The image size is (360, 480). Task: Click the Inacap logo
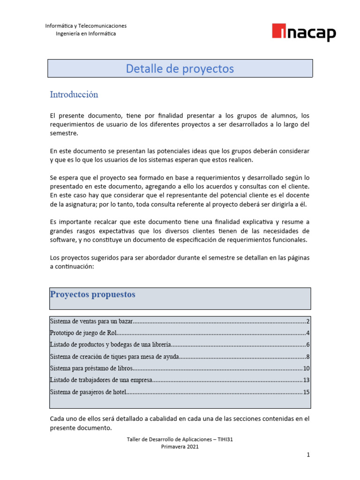tap(304, 32)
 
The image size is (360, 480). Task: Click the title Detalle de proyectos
tap(180, 68)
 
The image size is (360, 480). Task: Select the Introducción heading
tap(74, 95)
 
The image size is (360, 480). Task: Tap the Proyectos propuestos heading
tap(92, 294)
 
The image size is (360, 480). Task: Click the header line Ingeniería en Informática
tap(86, 34)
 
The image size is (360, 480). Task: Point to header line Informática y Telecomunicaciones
tap(86, 26)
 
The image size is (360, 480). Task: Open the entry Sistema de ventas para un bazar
tap(91, 322)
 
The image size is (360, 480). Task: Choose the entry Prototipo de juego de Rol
tap(83, 333)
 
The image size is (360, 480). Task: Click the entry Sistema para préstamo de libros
tap(91, 368)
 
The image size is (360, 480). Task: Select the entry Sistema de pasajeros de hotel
tap(88, 392)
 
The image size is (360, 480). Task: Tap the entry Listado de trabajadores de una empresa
tap(101, 380)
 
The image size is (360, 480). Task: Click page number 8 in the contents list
tap(307, 357)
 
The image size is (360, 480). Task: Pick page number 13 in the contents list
tap(306, 380)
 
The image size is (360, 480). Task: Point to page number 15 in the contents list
tap(306, 392)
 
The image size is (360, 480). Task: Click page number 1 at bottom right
tap(308, 455)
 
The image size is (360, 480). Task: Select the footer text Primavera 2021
tap(180, 447)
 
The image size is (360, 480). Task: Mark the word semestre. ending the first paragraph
tap(63, 133)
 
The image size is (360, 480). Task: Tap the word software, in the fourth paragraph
tap(62, 240)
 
